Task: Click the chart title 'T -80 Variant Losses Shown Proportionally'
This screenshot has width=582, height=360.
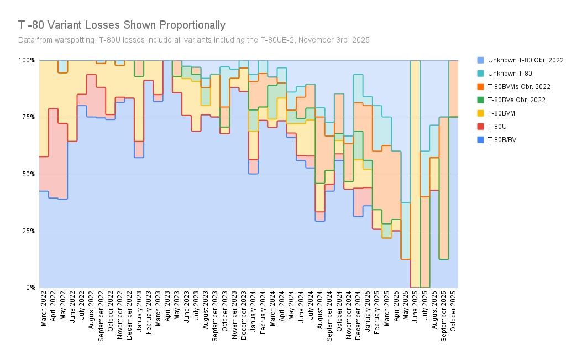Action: (122, 25)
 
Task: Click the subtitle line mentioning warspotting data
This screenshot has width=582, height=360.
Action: (193, 40)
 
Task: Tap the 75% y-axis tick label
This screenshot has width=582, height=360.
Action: (28, 117)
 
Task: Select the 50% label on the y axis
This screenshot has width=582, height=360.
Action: (28, 174)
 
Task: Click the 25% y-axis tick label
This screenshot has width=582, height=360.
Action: (28, 231)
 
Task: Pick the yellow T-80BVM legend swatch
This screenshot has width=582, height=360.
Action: (479, 113)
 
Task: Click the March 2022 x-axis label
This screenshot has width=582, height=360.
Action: (44, 309)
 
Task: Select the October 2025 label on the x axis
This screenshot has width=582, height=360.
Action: (453, 311)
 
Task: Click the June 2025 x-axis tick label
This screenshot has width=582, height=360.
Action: (415, 309)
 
